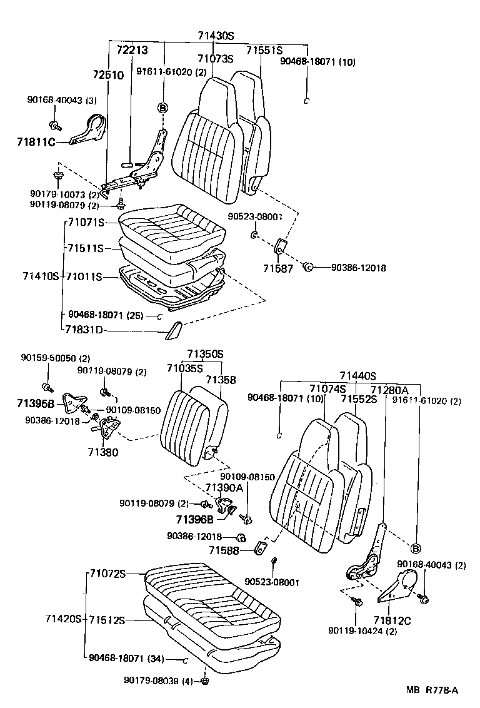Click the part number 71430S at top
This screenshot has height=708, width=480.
pos(216,36)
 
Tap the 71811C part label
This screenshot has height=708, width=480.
pos(36,142)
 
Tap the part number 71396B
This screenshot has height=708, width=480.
pos(194,519)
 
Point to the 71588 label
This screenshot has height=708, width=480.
pos(223,550)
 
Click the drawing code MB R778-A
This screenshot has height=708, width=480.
pos(432,690)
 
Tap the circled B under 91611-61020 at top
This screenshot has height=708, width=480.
pos(163,108)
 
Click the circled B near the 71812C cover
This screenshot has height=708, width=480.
pos(416,549)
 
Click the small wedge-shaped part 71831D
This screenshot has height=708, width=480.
pos(172,331)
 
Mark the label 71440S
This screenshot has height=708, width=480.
pos(357,376)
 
